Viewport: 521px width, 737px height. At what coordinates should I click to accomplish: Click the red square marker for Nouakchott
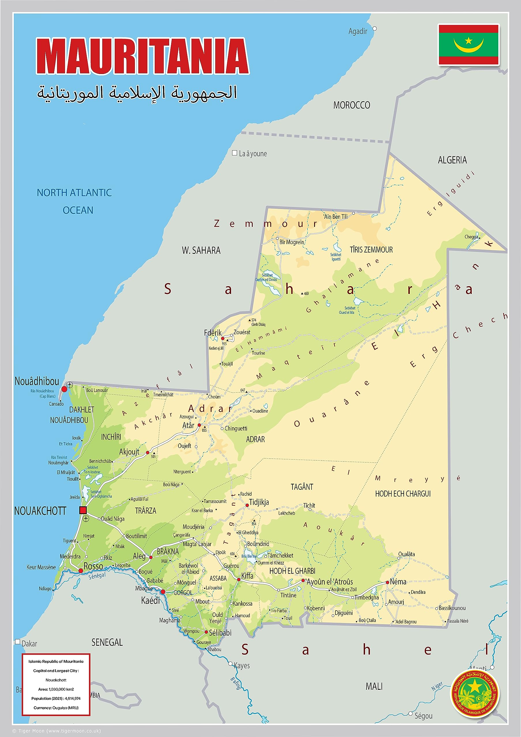[x=83, y=510]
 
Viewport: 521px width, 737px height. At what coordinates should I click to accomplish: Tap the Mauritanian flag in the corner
[x=468, y=45]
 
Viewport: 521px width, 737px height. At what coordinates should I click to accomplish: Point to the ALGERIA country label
[x=452, y=160]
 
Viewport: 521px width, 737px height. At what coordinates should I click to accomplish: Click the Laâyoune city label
[x=252, y=154]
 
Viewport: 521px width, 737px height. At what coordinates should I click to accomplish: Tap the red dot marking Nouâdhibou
[x=64, y=389]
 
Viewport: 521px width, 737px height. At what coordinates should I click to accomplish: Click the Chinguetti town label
[x=236, y=429]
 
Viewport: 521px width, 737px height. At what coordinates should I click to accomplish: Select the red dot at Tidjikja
[x=247, y=505]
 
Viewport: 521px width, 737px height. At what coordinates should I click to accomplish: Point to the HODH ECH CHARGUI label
[x=403, y=494]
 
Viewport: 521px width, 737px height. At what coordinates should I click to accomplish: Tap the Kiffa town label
[x=247, y=576]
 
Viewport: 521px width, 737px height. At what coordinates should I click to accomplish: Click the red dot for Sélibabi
[x=206, y=632]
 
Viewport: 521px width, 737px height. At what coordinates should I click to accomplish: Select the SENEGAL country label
[x=107, y=642]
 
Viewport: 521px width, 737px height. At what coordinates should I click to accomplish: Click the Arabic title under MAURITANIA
[x=137, y=93]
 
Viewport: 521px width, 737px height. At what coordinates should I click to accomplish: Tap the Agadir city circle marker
[x=374, y=29]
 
